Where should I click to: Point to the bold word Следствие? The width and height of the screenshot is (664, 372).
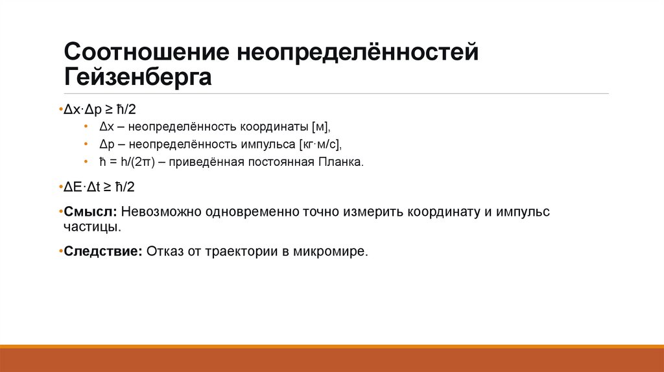click(103, 252)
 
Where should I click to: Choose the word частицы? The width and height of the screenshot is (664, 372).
click(91, 227)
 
